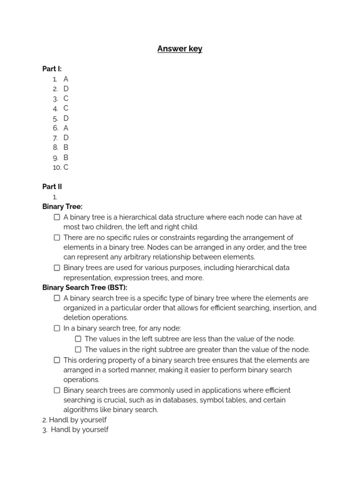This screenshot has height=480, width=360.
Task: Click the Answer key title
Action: tap(180, 49)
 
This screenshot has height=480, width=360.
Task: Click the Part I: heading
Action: tap(52, 69)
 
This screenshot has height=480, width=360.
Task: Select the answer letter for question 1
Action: tap(66, 79)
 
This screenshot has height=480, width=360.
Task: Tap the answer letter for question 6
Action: tap(66, 128)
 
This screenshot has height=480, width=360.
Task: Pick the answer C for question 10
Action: tap(66, 167)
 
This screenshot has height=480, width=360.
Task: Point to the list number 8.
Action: tap(55, 148)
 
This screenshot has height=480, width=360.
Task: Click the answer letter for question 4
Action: tap(66, 108)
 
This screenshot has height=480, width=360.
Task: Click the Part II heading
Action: tap(52, 187)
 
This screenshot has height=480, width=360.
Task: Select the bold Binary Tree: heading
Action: tap(62, 207)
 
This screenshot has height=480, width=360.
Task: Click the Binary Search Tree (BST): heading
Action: tap(85, 288)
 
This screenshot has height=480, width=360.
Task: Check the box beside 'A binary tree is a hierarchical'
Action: tap(57, 217)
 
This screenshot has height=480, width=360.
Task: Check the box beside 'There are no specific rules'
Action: tap(57, 238)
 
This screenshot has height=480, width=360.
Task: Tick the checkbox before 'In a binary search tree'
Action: tap(57, 328)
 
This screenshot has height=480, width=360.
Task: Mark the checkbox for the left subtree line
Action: tap(78, 339)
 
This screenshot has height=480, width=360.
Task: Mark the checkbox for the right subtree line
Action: tap(78, 349)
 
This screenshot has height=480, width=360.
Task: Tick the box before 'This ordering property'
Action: tap(57, 360)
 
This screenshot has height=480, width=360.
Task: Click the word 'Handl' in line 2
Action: tap(59, 420)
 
